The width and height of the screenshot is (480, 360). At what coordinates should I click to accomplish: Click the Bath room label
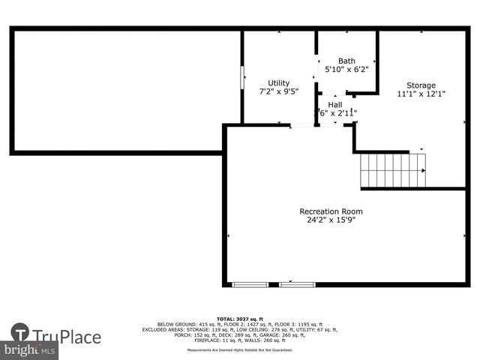pyautogui.click(x=346, y=61)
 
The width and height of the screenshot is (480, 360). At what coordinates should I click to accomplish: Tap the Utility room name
pyautogui.click(x=279, y=83)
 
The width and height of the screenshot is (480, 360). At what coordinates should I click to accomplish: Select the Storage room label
pyautogui.click(x=421, y=85)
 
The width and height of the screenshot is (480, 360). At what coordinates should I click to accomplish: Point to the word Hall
pyautogui.click(x=334, y=105)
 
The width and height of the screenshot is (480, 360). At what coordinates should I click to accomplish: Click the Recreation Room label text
pyautogui.click(x=331, y=211)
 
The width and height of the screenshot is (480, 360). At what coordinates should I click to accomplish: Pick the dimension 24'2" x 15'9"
pyautogui.click(x=331, y=220)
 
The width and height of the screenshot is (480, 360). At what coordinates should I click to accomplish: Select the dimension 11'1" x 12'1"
pyautogui.click(x=421, y=94)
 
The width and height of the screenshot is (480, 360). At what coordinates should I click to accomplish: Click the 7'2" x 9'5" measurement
pyautogui.click(x=279, y=92)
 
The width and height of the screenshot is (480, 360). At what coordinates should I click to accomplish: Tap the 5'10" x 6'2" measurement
pyautogui.click(x=346, y=70)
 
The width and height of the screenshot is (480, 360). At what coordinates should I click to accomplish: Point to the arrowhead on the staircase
pyautogui.click(x=422, y=170)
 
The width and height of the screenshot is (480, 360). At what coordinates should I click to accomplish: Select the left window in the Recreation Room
pyautogui.click(x=249, y=284)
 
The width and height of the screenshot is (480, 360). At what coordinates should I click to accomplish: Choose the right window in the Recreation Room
pyautogui.click(x=297, y=284)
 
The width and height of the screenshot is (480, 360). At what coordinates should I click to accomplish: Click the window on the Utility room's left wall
pyautogui.click(x=241, y=77)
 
